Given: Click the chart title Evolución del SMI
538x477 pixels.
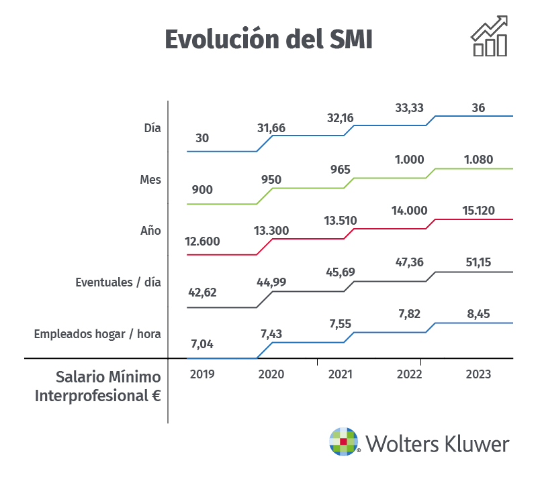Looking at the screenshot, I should (269, 39).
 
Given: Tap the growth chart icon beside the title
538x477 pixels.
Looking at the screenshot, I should (489, 37).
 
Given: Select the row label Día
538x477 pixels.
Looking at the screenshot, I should (152, 127).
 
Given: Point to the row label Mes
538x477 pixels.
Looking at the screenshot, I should (150, 180).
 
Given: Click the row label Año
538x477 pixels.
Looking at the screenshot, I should (151, 230).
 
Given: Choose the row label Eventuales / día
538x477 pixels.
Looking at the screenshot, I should (118, 282).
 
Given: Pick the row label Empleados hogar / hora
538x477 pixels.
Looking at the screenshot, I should (97, 333).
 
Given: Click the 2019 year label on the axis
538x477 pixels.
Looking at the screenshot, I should (202, 374).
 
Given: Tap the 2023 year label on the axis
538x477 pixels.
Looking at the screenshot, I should (478, 374).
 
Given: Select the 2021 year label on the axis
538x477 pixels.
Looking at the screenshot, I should (340, 374).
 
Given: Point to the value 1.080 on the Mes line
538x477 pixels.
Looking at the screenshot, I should (478, 160).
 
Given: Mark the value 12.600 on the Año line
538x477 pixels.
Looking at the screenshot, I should (202, 242).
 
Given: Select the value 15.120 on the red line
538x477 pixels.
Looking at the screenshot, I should (478, 211).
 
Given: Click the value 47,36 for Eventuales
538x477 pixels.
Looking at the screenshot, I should (410, 262).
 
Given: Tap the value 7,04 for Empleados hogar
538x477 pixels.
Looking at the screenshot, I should (202, 345).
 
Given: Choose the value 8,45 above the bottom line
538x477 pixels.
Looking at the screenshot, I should (478, 313).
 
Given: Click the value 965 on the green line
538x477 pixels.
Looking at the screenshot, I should (340, 170).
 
